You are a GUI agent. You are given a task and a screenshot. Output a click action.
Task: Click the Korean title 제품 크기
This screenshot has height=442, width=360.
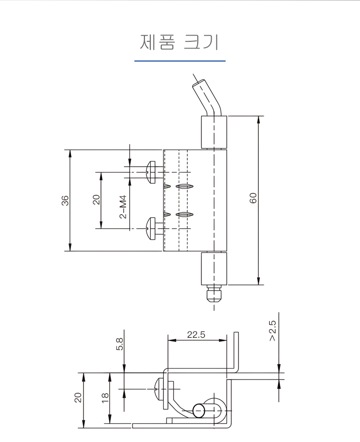pyautogui.click(x=180, y=42)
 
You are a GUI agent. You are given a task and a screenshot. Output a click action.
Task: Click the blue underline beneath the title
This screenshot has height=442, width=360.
pyautogui.click(x=180, y=61)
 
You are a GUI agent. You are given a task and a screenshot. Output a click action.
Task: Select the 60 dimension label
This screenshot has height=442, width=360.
pyautogui.click(x=253, y=198)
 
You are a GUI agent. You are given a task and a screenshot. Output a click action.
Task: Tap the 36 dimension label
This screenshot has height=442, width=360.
pyautogui.click(x=65, y=200)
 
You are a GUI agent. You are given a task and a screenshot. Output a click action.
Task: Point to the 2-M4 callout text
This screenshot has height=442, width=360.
pyautogui.click(x=123, y=207)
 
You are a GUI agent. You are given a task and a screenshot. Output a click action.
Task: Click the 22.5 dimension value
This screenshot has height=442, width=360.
pyautogui.click(x=196, y=335)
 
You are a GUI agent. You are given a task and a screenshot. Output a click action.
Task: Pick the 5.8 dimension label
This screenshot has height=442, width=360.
pyautogui.click(x=120, y=344)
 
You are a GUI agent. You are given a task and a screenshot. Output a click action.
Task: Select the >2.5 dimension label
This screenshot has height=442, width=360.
pyautogui.click(x=272, y=331)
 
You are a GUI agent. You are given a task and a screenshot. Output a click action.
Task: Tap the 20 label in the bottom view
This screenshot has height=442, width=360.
pyautogui.click(x=78, y=397)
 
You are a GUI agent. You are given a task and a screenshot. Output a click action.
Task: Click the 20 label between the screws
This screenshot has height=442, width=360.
pyautogui.click(x=96, y=199)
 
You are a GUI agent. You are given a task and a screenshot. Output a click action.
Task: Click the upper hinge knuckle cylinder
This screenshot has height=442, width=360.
pyautogui.click(x=213, y=132)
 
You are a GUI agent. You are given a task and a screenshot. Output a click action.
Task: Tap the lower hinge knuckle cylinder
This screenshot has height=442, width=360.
pyautogui.click(x=213, y=270)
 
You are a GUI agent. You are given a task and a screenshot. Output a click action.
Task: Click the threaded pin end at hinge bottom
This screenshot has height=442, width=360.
pyautogui.click(x=213, y=295)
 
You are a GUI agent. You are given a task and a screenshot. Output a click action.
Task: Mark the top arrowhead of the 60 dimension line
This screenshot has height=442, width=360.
pyautogui.click(x=259, y=119)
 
